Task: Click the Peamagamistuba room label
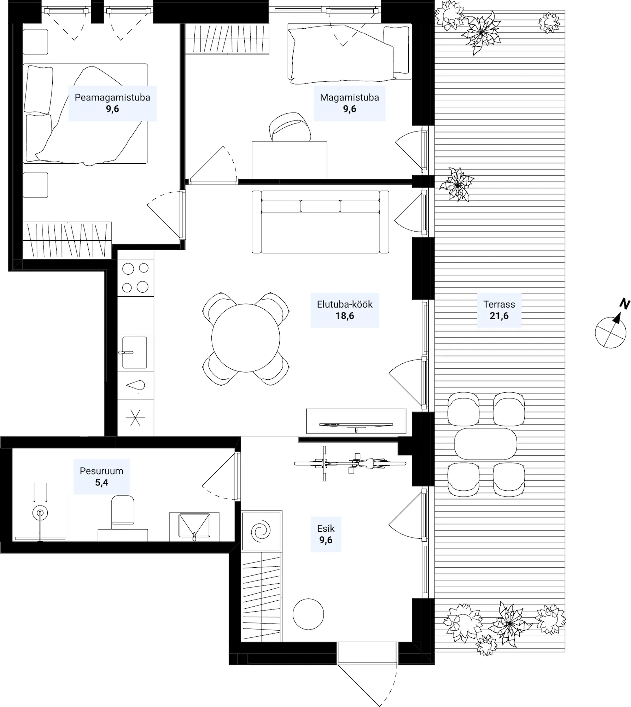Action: click(112, 103)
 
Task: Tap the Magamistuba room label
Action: click(349, 103)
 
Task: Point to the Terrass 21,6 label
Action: click(499, 310)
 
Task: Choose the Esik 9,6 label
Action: click(326, 534)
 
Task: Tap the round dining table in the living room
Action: click(246, 338)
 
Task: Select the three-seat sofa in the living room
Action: click(320, 222)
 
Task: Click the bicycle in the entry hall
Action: click(350, 463)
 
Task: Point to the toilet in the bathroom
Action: click(123, 512)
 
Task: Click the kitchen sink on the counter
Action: click(134, 352)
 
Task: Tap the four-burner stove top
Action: click(135, 278)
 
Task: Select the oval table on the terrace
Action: click(485, 444)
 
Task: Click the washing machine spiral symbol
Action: click(261, 531)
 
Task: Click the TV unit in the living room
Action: click(356, 421)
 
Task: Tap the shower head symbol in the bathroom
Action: click(40, 513)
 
